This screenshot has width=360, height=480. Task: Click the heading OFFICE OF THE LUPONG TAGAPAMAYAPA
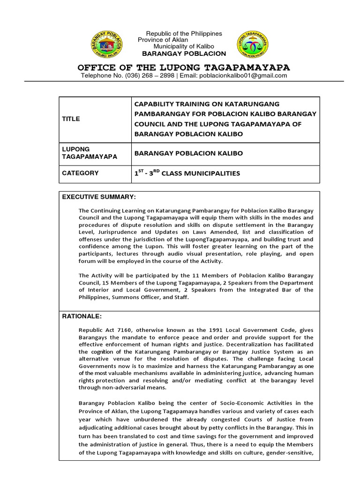(x=183, y=67)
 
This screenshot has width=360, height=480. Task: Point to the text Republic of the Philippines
(x=184, y=34)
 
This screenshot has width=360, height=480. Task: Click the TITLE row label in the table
(x=71, y=119)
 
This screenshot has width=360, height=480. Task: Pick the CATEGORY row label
(x=80, y=173)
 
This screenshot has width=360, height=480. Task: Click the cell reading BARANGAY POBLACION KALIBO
(x=182, y=153)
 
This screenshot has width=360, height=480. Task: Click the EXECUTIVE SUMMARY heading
(x=99, y=196)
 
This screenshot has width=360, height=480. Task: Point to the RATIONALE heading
(x=82, y=316)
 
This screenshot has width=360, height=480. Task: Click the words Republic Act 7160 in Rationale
(x=104, y=330)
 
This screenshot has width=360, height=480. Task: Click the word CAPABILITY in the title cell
(x=155, y=104)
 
